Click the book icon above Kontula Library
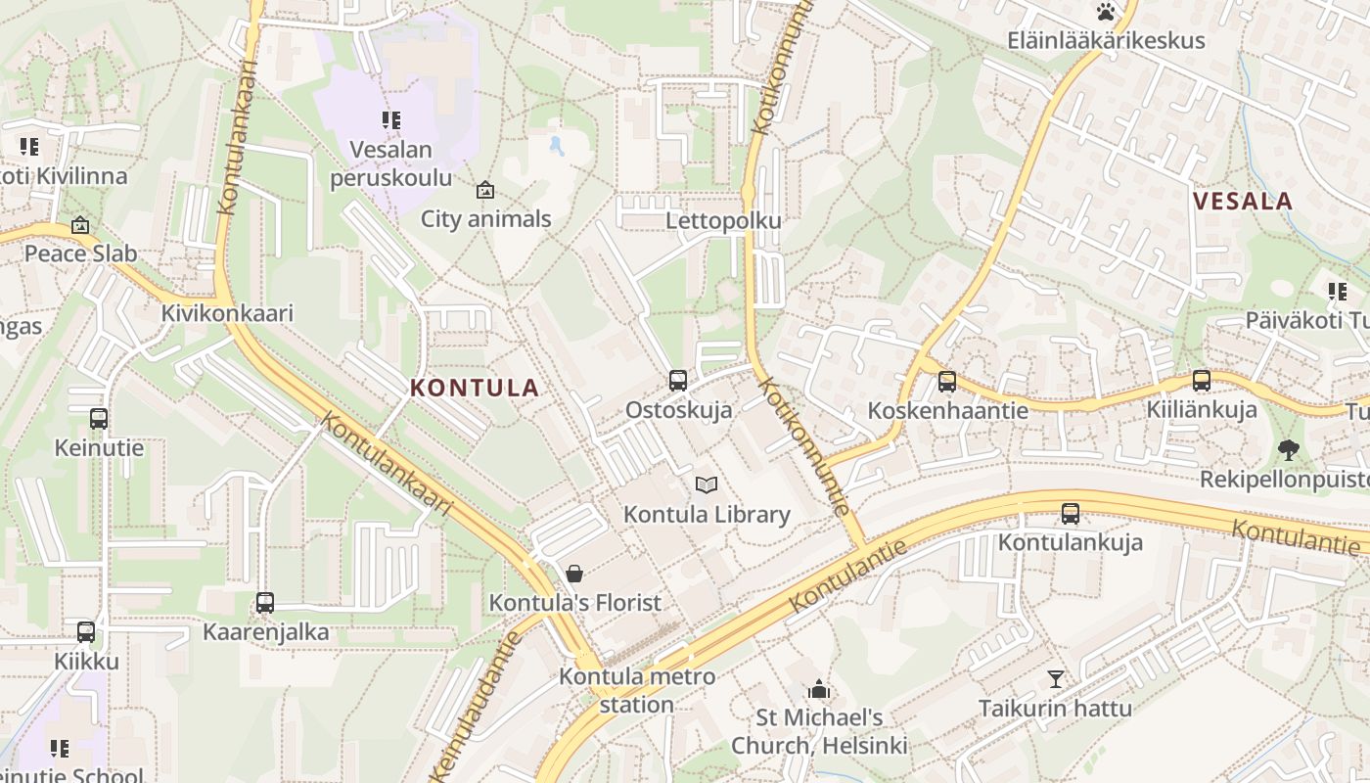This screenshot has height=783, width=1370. click(706, 484)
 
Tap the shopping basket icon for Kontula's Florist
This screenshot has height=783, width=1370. click(574, 573)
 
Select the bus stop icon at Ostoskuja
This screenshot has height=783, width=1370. click(677, 381)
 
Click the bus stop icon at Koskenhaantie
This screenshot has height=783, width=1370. click(946, 382)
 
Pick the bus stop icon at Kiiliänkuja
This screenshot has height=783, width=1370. click(1201, 381)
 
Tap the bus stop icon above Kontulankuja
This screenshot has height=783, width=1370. click(1071, 513)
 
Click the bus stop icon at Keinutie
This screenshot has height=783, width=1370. click(98, 419)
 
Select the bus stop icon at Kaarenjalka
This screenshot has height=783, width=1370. click(265, 603)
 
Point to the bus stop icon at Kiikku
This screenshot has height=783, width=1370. click(86, 632)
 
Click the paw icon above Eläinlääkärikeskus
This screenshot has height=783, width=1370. click(1106, 12)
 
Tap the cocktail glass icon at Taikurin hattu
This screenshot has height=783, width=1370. click(1055, 678)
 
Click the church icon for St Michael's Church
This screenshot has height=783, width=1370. click(819, 690)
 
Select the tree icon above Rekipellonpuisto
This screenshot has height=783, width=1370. click(1288, 450)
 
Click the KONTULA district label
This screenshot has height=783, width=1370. click(475, 388)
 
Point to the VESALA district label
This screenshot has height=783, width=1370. click(1244, 202)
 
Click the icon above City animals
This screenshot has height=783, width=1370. click(484, 190)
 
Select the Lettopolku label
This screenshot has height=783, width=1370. click(723, 220)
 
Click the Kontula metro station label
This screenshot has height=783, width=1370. click(637, 690)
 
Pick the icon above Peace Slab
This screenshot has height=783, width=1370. click(80, 226)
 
